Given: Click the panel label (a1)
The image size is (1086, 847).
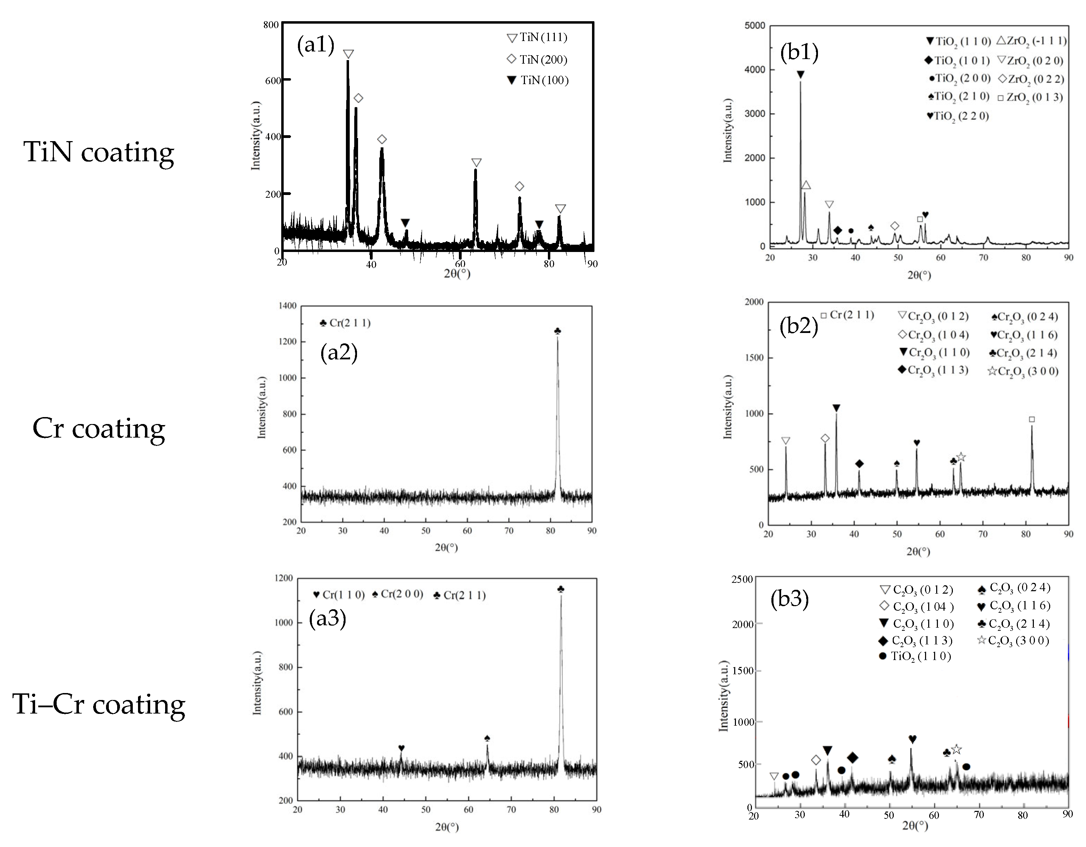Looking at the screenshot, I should (315, 45).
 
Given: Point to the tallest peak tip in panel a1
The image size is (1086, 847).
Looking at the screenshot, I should (348, 62).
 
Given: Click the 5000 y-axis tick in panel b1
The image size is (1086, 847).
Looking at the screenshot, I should (755, 26).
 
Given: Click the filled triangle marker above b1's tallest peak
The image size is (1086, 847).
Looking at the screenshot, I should (800, 75).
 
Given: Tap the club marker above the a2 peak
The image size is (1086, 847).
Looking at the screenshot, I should (557, 331).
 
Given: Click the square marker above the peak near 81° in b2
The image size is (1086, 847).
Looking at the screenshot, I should (1032, 420).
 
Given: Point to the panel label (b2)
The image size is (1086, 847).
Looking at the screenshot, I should (799, 326).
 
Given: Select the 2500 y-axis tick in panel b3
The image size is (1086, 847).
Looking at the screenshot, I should (743, 580).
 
